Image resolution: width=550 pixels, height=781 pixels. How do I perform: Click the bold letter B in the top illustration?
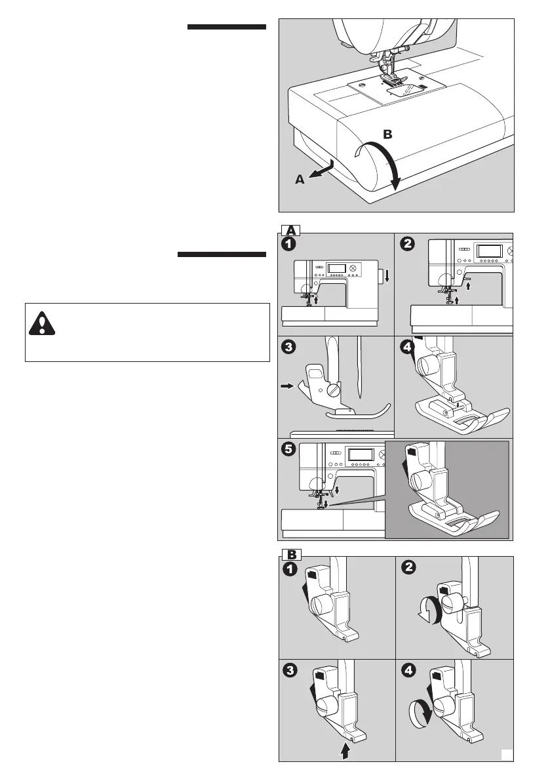[x=387, y=134]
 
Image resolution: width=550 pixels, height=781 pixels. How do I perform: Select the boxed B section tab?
[x=291, y=553]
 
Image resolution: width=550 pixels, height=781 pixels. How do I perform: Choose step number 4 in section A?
[x=408, y=346]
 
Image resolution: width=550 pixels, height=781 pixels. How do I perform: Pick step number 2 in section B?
[x=408, y=569]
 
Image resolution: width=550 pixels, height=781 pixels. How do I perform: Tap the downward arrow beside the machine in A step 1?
[x=387, y=277]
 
